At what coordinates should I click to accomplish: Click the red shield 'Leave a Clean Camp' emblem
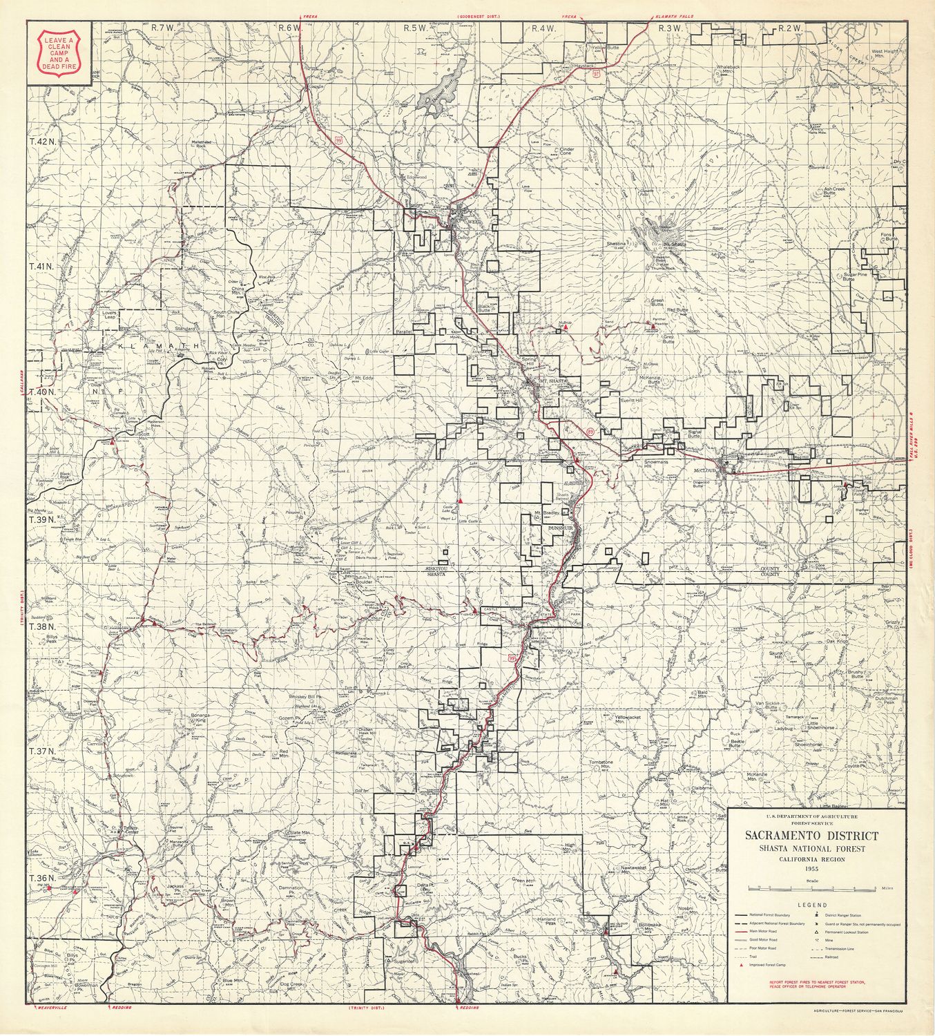click(x=60, y=51)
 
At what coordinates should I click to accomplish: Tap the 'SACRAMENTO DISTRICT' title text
click(x=811, y=836)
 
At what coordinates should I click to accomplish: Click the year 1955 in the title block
click(x=811, y=868)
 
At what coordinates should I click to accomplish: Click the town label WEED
click(x=475, y=222)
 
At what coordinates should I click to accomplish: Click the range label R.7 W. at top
click(x=164, y=28)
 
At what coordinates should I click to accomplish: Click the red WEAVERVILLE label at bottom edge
click(x=50, y=1027)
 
